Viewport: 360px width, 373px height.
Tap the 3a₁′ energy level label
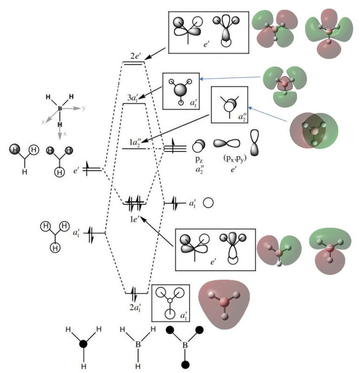(133, 98)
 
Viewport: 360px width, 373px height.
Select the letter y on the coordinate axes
(84, 108)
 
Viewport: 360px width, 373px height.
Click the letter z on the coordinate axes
(43, 122)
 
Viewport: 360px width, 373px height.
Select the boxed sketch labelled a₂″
(229, 105)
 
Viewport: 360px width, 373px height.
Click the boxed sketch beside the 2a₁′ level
(170, 302)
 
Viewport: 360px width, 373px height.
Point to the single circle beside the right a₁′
(208, 203)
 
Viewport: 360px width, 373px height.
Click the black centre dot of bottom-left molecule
(83, 344)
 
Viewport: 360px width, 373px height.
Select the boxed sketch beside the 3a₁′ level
(181, 91)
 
